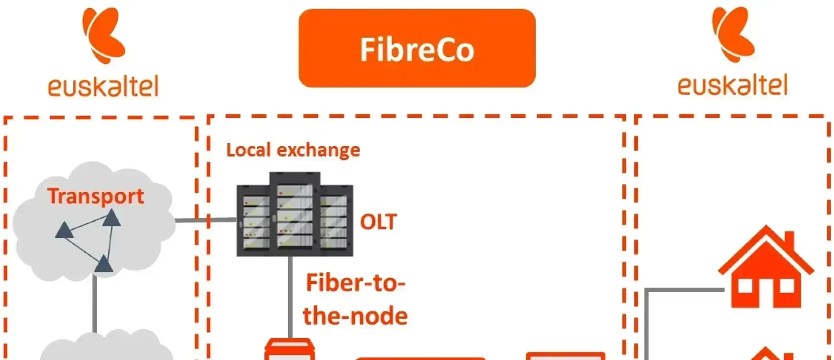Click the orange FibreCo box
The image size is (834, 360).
click(x=417, y=48)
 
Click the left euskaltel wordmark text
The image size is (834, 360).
click(x=102, y=86)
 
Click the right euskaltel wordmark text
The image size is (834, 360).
click(x=733, y=85)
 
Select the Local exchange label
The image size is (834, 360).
click(x=293, y=150)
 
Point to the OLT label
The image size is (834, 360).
click(x=378, y=222)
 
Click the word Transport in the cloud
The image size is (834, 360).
click(x=95, y=196)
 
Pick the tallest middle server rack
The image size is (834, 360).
click(x=294, y=211)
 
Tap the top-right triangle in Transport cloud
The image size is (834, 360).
click(x=112, y=218)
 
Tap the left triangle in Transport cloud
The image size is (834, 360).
click(x=64, y=231)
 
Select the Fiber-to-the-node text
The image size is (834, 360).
click(x=355, y=299)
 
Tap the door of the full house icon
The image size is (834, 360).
click(x=766, y=292)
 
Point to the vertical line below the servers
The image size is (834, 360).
click(x=291, y=297)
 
